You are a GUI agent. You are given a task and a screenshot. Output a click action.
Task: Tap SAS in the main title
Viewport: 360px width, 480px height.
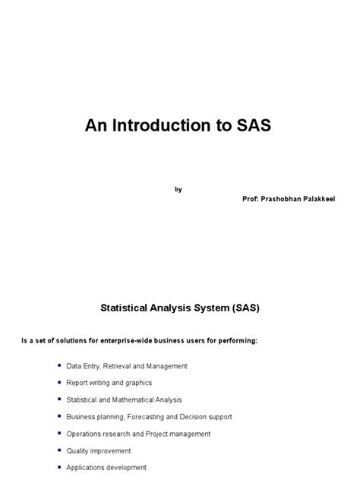pyautogui.click(x=249, y=125)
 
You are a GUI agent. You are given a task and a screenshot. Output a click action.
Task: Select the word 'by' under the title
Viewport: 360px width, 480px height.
pyautogui.click(x=178, y=189)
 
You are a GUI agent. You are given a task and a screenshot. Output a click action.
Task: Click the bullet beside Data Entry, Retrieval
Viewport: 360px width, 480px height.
pyautogui.click(x=59, y=365)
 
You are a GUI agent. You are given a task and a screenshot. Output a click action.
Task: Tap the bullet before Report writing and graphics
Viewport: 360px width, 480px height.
pyautogui.click(x=59, y=382)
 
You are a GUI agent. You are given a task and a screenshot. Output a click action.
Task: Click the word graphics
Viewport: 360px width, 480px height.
pyautogui.click(x=137, y=383)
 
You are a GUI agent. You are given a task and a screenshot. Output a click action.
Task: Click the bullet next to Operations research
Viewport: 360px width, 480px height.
pyautogui.click(x=59, y=433)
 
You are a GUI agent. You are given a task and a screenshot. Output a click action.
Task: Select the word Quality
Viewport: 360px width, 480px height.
pyautogui.click(x=78, y=451)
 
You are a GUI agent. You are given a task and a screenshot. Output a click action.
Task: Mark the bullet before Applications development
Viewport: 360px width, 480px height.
pyautogui.click(x=59, y=467)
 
